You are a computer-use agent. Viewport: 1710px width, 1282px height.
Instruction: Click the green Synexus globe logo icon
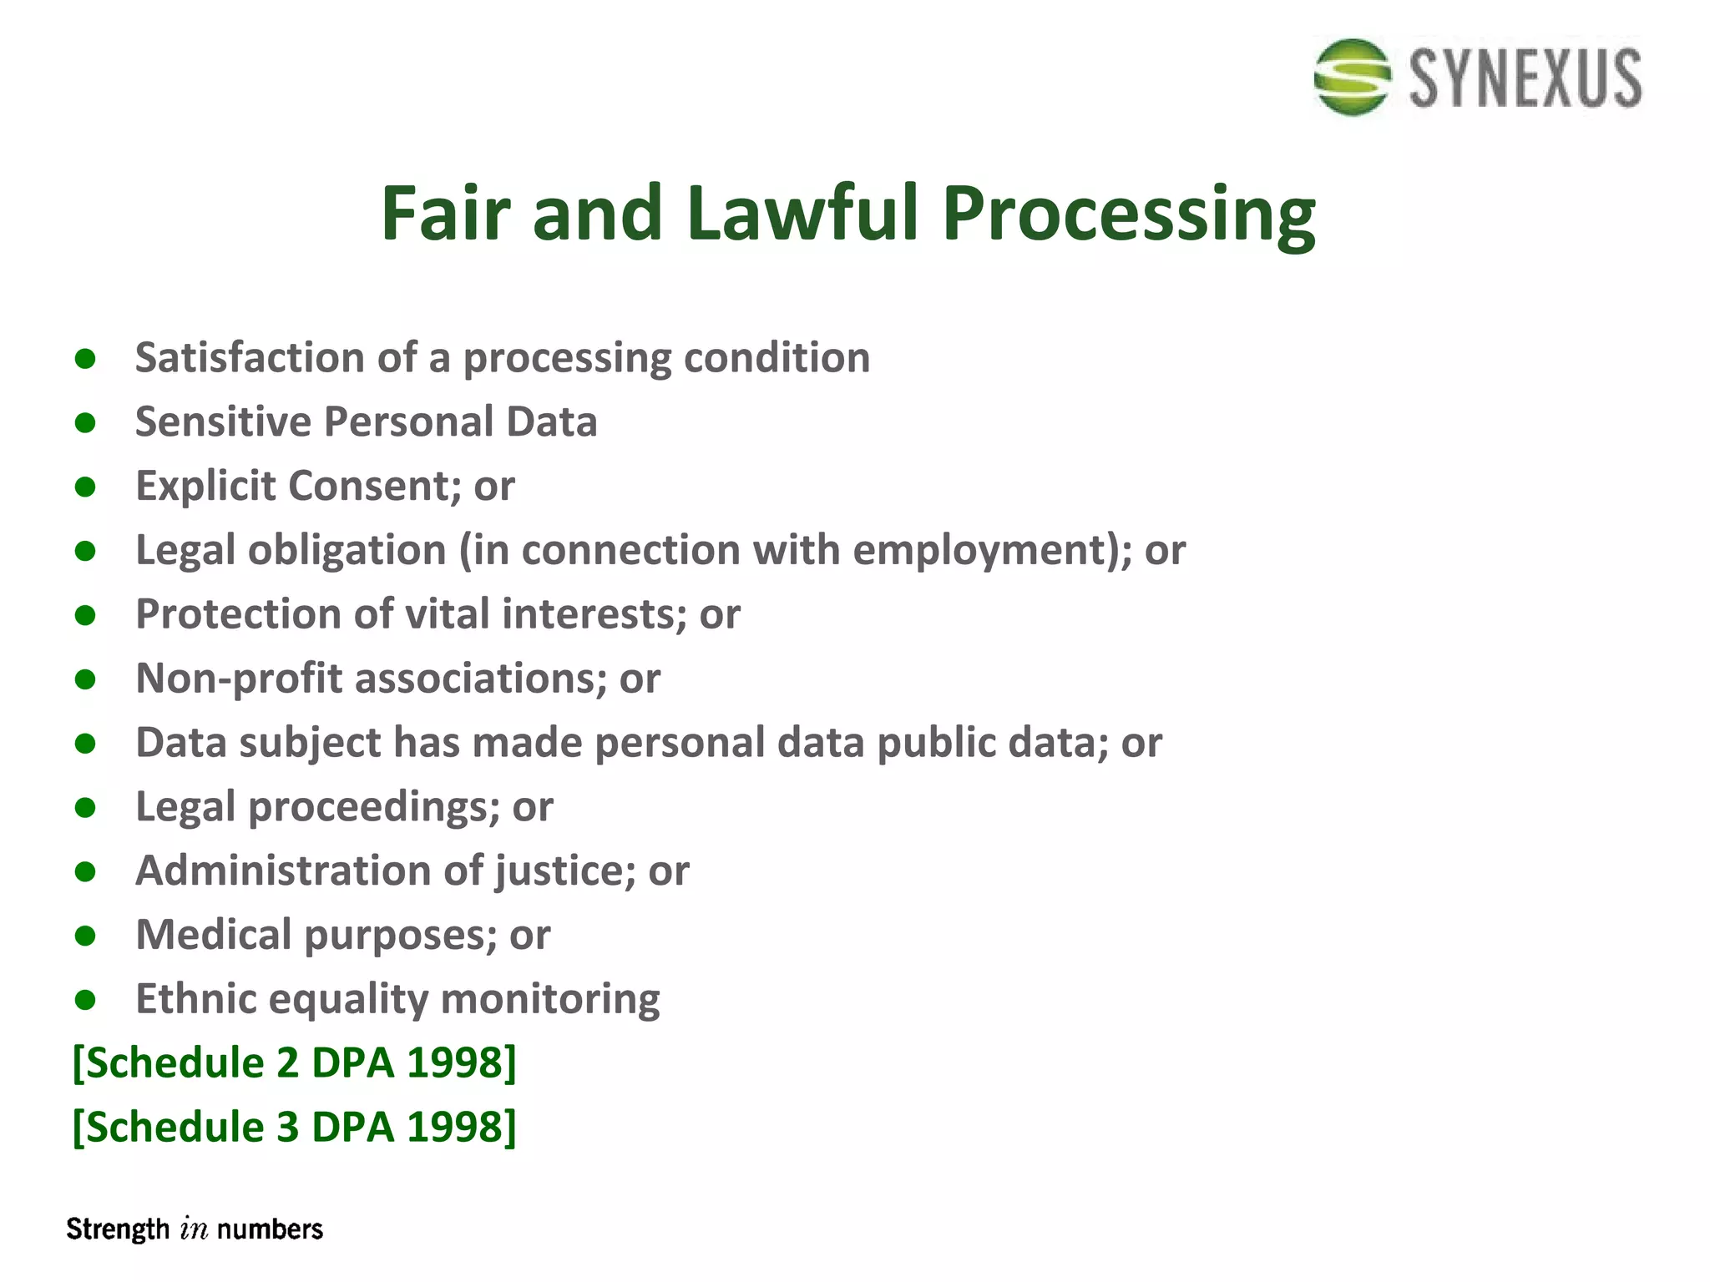tap(1352, 77)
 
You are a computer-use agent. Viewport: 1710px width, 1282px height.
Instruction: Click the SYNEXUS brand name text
tap(1525, 78)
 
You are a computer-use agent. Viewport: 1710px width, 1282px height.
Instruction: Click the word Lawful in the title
tap(802, 213)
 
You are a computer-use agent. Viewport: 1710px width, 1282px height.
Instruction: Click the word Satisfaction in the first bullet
tap(250, 357)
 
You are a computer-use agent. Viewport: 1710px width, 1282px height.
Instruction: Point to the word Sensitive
tap(223, 421)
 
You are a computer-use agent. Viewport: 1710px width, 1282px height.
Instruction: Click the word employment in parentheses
tap(983, 551)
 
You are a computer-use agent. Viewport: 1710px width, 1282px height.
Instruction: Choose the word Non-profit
tap(240, 679)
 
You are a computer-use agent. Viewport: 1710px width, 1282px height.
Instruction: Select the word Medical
tap(214, 935)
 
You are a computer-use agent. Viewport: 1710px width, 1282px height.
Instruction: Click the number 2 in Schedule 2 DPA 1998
tap(287, 1063)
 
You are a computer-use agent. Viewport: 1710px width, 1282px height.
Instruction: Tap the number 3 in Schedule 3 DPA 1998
tap(287, 1128)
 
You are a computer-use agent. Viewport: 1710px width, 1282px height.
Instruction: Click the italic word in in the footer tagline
tap(194, 1229)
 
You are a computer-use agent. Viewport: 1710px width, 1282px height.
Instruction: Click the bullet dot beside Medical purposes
tap(85, 936)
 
